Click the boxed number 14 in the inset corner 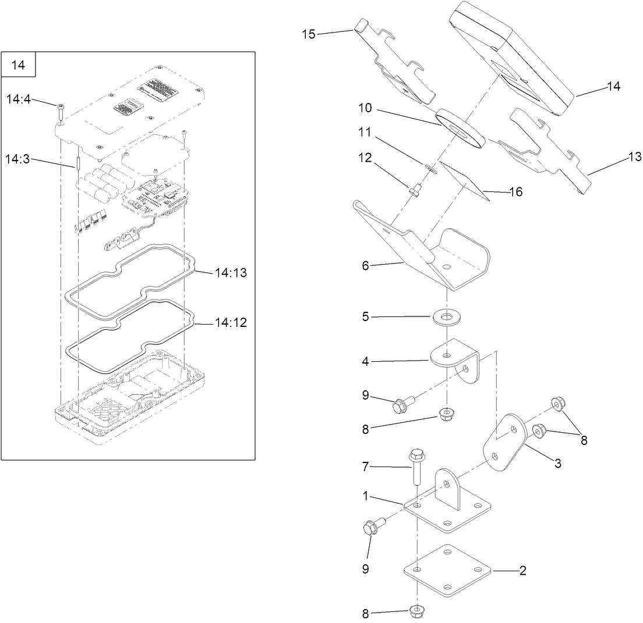click(19, 65)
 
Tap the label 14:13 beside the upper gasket click(231, 272)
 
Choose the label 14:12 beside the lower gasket click(231, 323)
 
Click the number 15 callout click(309, 34)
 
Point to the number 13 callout click(634, 156)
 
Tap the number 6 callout click(365, 265)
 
